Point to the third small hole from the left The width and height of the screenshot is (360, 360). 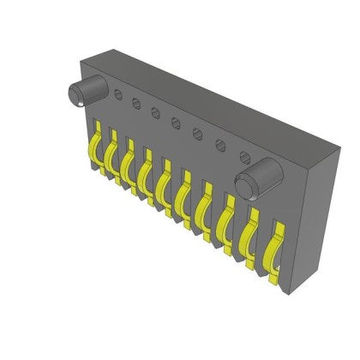click(x=155, y=112)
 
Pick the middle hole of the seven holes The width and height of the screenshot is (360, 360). click(x=176, y=122)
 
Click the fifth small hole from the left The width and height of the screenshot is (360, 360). click(x=197, y=133)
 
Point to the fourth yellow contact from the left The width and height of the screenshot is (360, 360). click(x=145, y=177)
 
